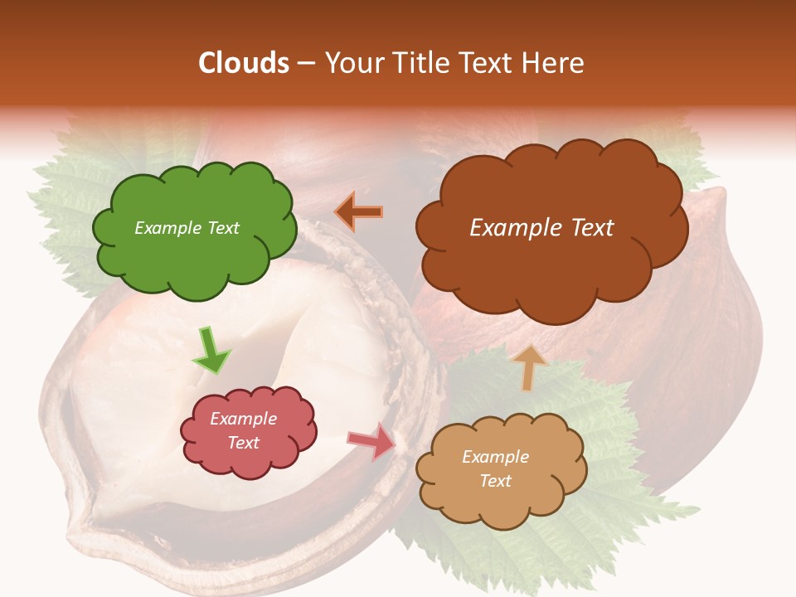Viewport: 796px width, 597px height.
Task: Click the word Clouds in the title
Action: pos(244,63)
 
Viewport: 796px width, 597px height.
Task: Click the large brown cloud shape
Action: pos(551,265)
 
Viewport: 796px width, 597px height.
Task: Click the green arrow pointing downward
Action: pos(211,350)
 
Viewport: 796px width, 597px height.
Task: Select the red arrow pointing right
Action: pos(373,441)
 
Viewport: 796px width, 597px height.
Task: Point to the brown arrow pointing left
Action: pos(359,211)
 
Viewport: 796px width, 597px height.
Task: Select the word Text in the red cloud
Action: pos(243,443)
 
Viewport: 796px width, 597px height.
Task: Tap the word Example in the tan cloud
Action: pos(495,457)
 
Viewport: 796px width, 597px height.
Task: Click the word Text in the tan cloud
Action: pos(495,481)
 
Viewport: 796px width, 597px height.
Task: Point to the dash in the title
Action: pos(306,63)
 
